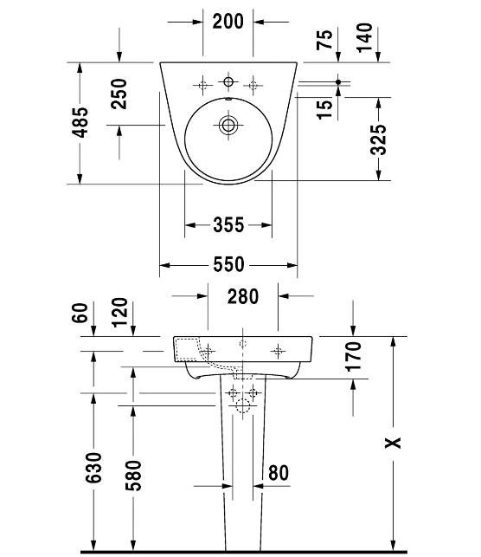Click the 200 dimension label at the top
point(228,22)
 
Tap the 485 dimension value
point(80,122)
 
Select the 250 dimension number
point(119,94)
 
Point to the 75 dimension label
point(324,40)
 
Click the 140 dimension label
point(364,37)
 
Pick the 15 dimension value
point(324,109)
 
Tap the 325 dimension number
point(378,139)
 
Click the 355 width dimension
point(228,225)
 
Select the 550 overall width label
point(228,265)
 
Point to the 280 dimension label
point(243,296)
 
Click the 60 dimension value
point(80,313)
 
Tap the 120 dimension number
point(119,312)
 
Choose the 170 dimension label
point(353,356)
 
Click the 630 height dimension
point(93,468)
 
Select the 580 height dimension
point(133,476)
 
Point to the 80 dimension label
point(279,473)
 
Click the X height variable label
point(393,443)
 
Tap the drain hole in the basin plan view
point(228,125)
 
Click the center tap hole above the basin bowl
point(228,82)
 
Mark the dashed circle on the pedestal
point(243,405)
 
